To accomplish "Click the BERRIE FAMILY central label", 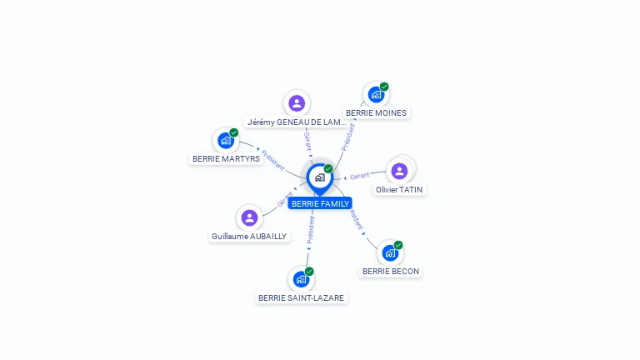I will pyautogui.click(x=320, y=203).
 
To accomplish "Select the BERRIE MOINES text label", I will pyautogui.click(x=377, y=112).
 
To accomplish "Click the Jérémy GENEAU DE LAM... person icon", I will pyautogui.click(x=296, y=103).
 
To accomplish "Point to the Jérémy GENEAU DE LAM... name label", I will pyautogui.click(x=296, y=122).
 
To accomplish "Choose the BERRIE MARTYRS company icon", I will pyautogui.click(x=226, y=140).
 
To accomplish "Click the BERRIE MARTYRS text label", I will pyautogui.click(x=226, y=158).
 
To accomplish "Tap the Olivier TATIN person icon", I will pyautogui.click(x=399, y=171).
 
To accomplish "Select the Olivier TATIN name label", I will pyautogui.click(x=399, y=189).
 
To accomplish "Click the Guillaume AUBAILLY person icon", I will pyautogui.click(x=249, y=217).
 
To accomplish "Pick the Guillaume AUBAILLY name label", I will pyautogui.click(x=249, y=236).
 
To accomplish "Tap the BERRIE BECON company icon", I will pyautogui.click(x=390, y=252).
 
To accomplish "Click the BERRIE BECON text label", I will pyautogui.click(x=391, y=271).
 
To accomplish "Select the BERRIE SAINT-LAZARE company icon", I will pyautogui.click(x=301, y=279).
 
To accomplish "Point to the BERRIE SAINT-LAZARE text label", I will pyautogui.click(x=301, y=297).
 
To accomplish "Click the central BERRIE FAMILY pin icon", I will pyautogui.click(x=319, y=177).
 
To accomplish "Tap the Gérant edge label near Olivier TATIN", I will pyautogui.click(x=360, y=176).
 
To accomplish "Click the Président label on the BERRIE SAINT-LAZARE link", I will pyautogui.click(x=311, y=231).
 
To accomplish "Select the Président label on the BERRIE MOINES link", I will pyautogui.click(x=349, y=136).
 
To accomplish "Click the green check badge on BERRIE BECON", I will pyautogui.click(x=398, y=245).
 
